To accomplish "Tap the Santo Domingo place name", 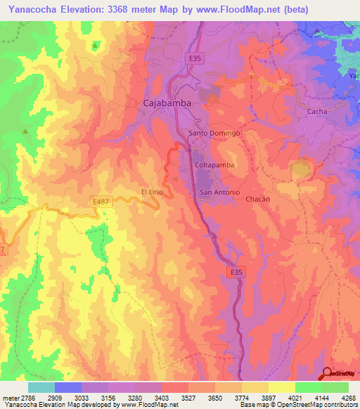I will (215, 133).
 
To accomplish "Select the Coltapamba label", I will (213, 165).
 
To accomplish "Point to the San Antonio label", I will (220, 193).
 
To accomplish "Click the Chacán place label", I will (258, 199).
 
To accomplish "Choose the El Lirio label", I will (153, 191).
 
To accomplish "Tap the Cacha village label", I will (317, 112).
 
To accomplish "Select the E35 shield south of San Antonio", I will (236, 270).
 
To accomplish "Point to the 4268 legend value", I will (348, 397).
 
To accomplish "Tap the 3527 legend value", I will (188, 397).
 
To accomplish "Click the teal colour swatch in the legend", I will (41, 387).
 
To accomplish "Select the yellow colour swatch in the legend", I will (281, 387).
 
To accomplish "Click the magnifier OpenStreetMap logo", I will (326, 373).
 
